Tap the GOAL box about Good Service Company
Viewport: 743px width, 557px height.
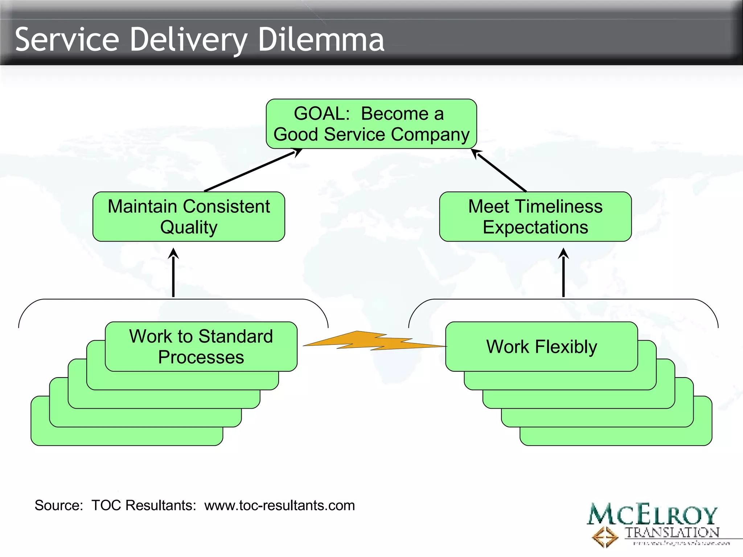coord(371,124)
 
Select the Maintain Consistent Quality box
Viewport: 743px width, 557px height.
coord(189,216)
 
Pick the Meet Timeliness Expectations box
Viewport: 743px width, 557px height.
coord(535,216)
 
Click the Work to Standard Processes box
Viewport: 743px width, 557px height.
coord(201,346)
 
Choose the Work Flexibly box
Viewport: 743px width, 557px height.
coord(541,346)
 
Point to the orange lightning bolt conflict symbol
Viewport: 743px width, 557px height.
coord(374,341)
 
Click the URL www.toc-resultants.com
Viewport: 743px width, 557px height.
coord(279,505)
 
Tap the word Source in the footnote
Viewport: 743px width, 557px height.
coord(58,505)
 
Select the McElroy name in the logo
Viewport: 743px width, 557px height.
coord(652,514)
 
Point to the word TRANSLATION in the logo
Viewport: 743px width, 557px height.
coord(672,532)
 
